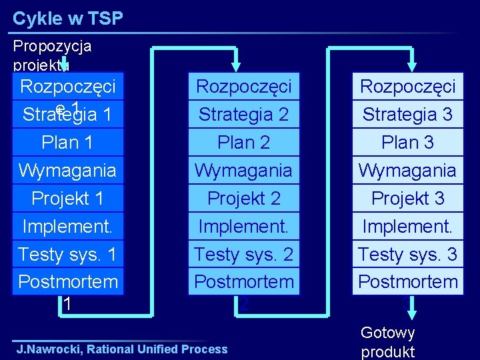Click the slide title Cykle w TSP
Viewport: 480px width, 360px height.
pos(68,19)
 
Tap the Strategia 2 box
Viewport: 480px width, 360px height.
pos(243,115)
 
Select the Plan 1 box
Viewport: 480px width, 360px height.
pos(67,143)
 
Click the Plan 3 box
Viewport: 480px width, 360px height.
pos(407,143)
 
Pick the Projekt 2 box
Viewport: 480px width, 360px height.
pos(243,199)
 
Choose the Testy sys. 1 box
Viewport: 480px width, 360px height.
pos(67,254)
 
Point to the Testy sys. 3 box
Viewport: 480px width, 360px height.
pos(407,254)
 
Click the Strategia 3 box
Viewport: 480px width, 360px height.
pos(407,115)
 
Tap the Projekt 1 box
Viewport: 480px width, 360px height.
pos(67,199)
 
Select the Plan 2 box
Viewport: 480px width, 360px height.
pos(243,143)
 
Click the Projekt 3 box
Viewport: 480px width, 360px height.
pos(407,199)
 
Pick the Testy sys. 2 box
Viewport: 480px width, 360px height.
pos(243,254)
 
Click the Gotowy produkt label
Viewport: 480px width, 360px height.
pos(387,342)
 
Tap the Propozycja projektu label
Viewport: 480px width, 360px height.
pos(52,55)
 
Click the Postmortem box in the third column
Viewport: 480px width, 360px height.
pos(407,282)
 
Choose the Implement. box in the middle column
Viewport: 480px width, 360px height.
pos(243,227)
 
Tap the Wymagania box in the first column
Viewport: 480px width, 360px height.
pos(67,171)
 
